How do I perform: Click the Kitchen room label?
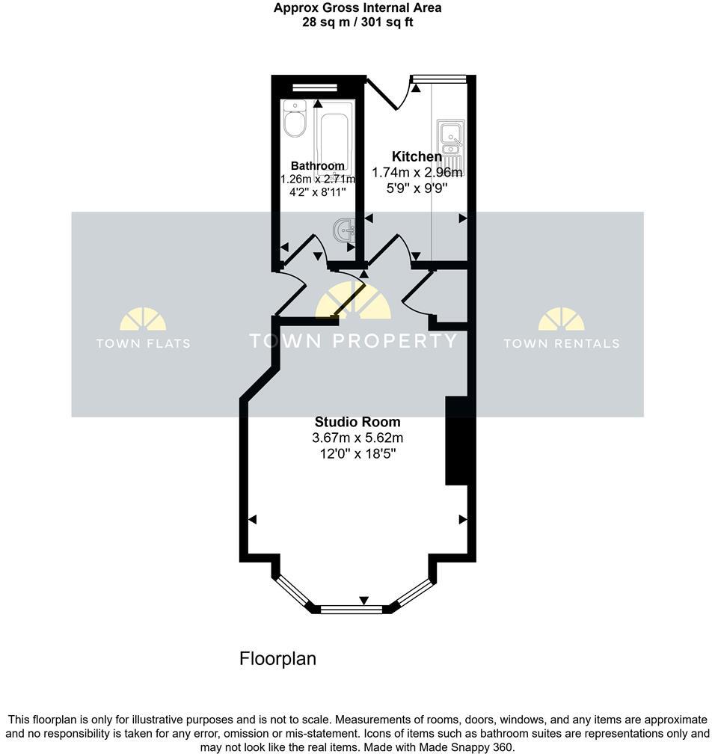pos(417,156)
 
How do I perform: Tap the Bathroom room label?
pos(318,166)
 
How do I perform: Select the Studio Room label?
pos(357,422)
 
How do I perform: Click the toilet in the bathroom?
pos(295,120)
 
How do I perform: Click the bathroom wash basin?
pos(344,230)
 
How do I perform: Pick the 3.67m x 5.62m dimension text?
pos(357,438)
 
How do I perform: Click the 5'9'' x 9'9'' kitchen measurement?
pos(416,188)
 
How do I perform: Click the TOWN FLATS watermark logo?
pos(143,329)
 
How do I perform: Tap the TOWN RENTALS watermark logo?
pos(561,329)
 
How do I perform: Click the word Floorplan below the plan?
pos(277,659)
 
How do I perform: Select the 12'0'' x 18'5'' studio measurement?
pos(357,453)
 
